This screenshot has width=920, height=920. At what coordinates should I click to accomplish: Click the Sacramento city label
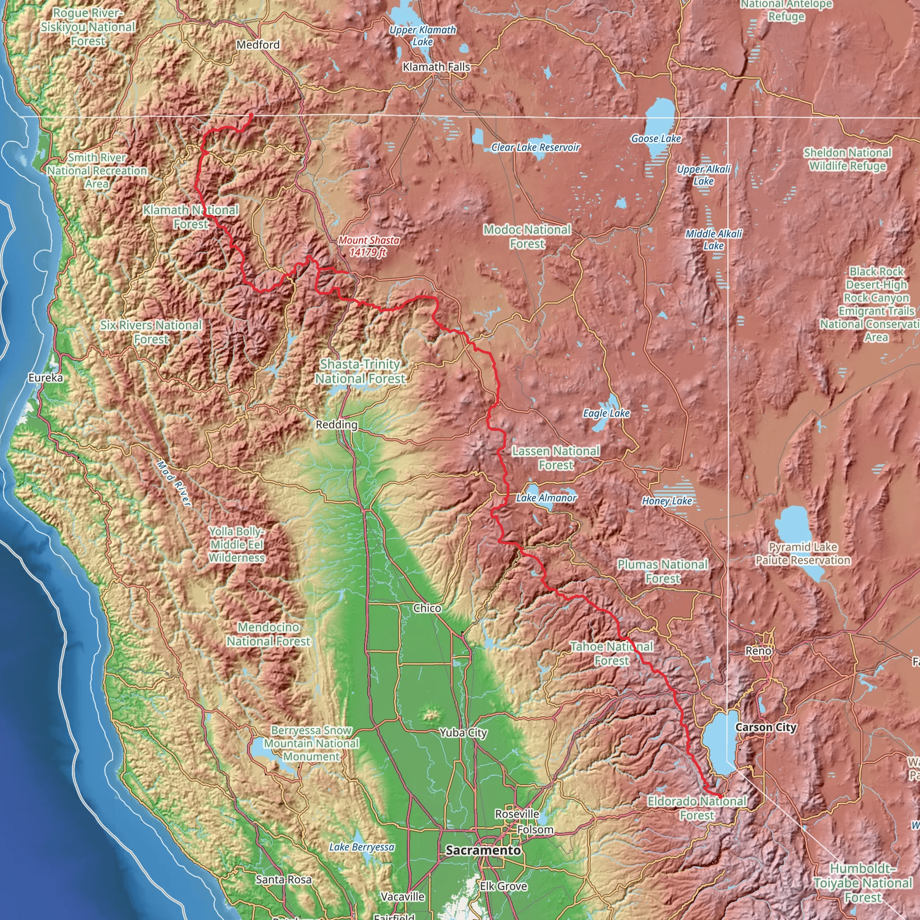tap(483, 850)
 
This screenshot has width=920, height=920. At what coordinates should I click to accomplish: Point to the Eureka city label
tap(45, 378)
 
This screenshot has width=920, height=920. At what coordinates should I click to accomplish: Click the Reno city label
tap(758, 650)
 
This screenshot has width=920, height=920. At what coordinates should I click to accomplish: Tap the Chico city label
tap(427, 608)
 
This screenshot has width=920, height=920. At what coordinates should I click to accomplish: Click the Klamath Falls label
tap(436, 67)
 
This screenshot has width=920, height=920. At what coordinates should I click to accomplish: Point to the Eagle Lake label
tap(606, 413)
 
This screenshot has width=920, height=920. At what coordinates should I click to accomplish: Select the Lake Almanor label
tap(546, 498)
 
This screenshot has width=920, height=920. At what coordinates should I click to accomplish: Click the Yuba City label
tap(463, 733)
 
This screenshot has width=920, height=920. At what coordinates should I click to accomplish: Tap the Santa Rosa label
tap(284, 880)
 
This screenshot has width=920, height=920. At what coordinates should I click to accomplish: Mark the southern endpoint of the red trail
tap(720, 796)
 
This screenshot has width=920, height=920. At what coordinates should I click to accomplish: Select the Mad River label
tap(174, 483)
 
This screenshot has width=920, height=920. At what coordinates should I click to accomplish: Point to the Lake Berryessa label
tap(362, 847)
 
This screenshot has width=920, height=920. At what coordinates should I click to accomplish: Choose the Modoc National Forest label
tap(527, 237)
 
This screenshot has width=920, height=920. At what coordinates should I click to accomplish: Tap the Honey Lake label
tap(667, 501)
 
